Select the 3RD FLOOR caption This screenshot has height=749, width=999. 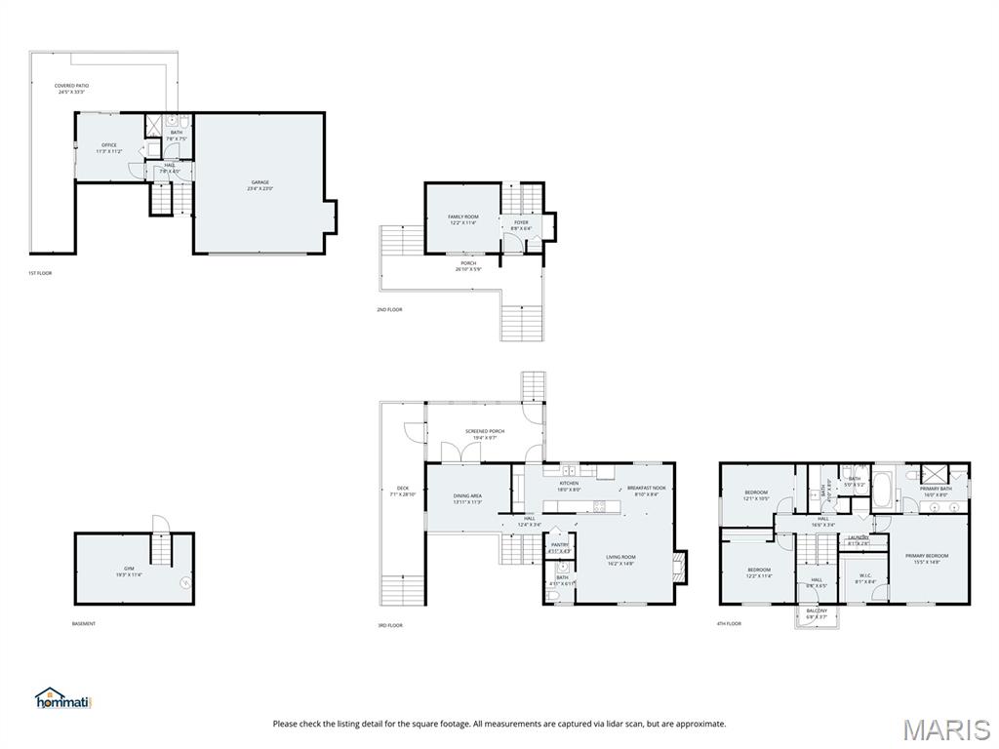point(390,625)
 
